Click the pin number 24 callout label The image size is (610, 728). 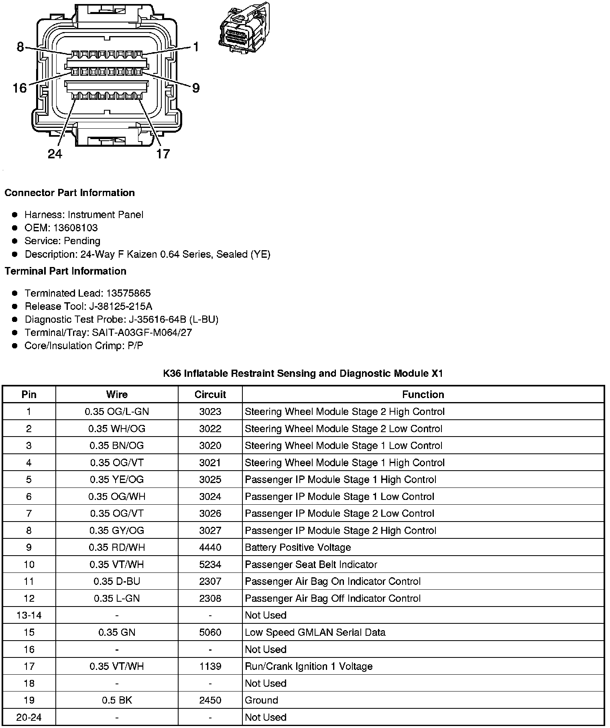click(x=55, y=154)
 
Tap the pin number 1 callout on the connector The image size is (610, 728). click(x=196, y=47)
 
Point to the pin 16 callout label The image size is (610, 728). click(x=20, y=88)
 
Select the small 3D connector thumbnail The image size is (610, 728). click(x=244, y=28)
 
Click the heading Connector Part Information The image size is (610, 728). click(x=69, y=193)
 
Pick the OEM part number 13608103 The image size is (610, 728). click(x=75, y=228)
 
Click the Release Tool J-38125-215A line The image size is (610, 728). click(x=88, y=307)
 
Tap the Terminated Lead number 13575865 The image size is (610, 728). click(x=128, y=293)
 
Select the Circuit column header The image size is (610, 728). click(x=210, y=395)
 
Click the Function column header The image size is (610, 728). click(x=423, y=395)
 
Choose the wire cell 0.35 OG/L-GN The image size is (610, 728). click(x=117, y=412)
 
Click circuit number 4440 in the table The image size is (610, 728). click(x=210, y=548)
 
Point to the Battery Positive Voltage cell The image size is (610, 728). click(x=298, y=548)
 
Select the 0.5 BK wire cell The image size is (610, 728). click(x=117, y=700)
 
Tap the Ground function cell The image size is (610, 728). click(x=261, y=700)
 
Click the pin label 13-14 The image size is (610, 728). click(x=29, y=615)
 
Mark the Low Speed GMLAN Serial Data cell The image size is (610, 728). click(x=315, y=633)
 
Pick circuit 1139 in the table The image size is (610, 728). click(x=210, y=666)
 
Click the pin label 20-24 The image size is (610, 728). click(x=29, y=717)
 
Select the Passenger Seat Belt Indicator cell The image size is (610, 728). click(x=311, y=565)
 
